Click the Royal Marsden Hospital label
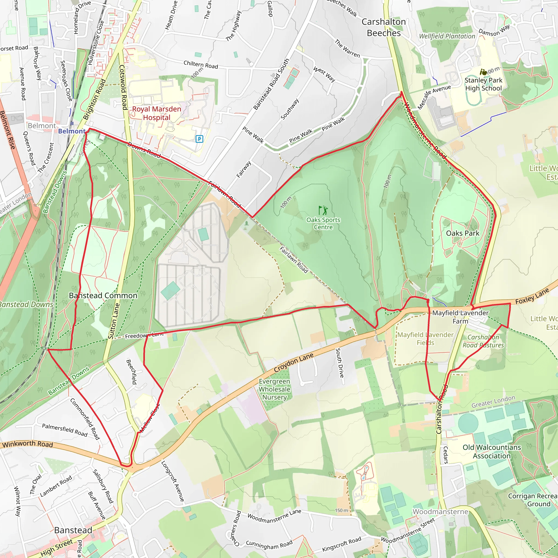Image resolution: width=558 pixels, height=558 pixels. pyautogui.click(x=157, y=113)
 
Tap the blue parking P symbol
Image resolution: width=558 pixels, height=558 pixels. pyautogui.click(x=199, y=139)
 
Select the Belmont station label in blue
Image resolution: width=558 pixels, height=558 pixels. pyautogui.click(x=72, y=131)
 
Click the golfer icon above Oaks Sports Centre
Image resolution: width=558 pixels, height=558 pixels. pyautogui.click(x=323, y=210)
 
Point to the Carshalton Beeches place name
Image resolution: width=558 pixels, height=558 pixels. pyautogui.click(x=384, y=28)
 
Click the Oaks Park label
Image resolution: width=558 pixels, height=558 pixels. pyautogui.click(x=462, y=233)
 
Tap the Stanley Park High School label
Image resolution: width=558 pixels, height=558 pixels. pyautogui.click(x=483, y=84)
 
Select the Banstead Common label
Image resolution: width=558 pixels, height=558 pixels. pyautogui.click(x=103, y=295)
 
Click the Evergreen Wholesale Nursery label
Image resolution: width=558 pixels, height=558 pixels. pyautogui.click(x=274, y=389)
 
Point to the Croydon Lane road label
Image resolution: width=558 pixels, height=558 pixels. pyautogui.click(x=293, y=363)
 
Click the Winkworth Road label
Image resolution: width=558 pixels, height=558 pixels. pyautogui.click(x=28, y=444)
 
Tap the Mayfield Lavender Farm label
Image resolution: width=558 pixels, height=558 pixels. pyautogui.click(x=460, y=317)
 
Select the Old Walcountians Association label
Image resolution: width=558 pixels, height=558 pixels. pyautogui.click(x=492, y=451)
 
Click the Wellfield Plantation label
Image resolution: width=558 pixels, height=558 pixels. pyautogui.click(x=447, y=36)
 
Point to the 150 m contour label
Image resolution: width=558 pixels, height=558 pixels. pyautogui.click(x=341, y=510)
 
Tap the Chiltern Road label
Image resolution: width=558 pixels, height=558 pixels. pyautogui.click(x=201, y=65)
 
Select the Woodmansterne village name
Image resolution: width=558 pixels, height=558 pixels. pyautogui.click(x=440, y=511)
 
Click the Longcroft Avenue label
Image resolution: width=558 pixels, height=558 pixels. pyautogui.click(x=172, y=481)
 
